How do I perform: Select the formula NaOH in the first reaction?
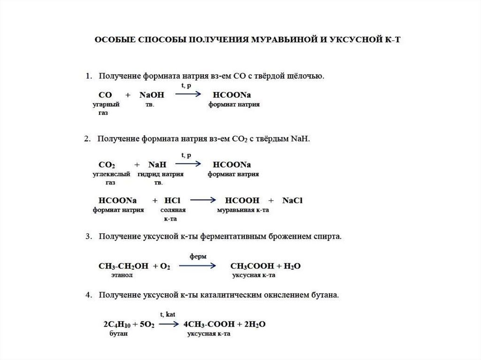click(x=152, y=95)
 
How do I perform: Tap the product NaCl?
click(x=292, y=200)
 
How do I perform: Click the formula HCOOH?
click(x=242, y=200)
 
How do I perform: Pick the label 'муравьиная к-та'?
click(x=242, y=210)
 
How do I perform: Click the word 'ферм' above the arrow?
click(x=198, y=257)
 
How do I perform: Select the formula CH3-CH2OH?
click(x=124, y=266)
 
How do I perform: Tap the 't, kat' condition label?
click(x=168, y=315)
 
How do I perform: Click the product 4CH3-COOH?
click(x=206, y=324)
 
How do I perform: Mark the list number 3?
click(x=88, y=237)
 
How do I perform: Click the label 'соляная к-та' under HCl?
click(x=173, y=214)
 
